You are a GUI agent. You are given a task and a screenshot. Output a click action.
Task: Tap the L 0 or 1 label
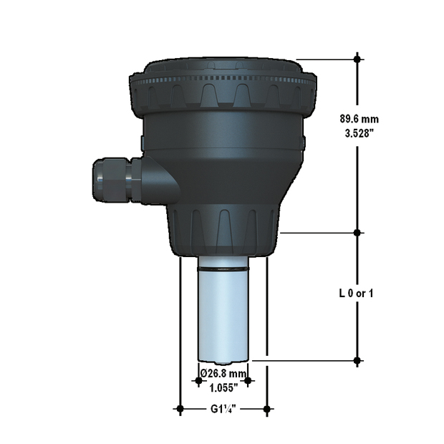[356, 294]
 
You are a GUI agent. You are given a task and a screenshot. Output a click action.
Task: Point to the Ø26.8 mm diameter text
[223, 374]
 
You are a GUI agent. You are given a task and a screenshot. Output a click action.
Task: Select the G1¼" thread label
[223, 410]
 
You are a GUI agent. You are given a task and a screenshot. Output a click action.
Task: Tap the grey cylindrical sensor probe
[223, 315]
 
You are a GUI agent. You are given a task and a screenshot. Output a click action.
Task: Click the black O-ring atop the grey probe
[223, 269]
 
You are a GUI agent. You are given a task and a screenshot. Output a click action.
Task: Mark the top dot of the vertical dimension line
[358, 59]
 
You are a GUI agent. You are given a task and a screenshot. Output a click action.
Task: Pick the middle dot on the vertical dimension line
[358, 233]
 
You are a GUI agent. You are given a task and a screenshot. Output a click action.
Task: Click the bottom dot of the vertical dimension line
[358, 360]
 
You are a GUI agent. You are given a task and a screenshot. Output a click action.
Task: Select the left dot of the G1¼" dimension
[180, 409]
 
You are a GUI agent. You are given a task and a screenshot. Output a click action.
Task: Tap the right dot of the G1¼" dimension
[266, 409]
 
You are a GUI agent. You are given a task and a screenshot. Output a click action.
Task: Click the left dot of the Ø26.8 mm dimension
[198, 381]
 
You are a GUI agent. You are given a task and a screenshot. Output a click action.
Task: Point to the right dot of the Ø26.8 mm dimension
[248, 381]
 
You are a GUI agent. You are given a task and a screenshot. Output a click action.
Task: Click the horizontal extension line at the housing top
[326, 59]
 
